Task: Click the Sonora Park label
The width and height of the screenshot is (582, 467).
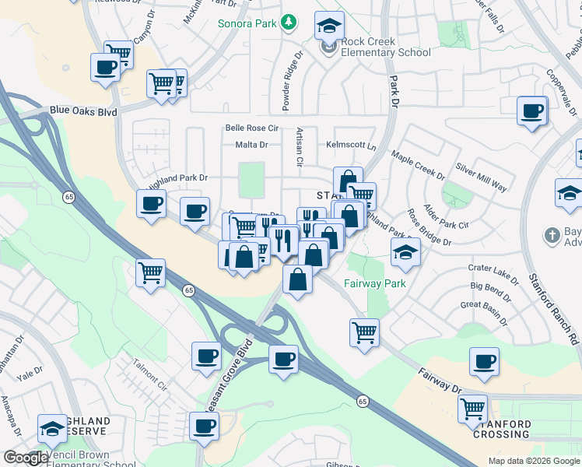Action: [x=247, y=24]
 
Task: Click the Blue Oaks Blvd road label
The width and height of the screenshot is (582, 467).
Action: [x=83, y=111]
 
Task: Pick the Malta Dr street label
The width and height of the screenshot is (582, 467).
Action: [x=251, y=145]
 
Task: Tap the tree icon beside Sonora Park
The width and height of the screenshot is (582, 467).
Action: [x=289, y=22]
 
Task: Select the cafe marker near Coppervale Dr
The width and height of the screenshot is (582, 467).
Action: [x=532, y=110]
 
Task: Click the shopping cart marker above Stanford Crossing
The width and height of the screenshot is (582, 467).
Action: [x=473, y=407]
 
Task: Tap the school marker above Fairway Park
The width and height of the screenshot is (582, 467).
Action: [x=405, y=251]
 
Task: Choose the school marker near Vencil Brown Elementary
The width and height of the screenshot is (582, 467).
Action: [x=52, y=427]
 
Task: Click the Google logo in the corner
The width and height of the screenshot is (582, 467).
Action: [x=26, y=458]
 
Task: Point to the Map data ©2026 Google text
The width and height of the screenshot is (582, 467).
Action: [x=534, y=461]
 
